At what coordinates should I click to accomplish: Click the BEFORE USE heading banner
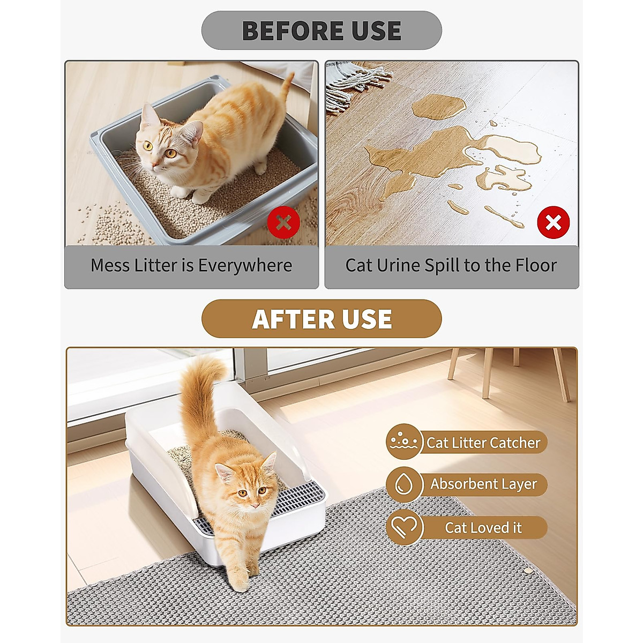(322, 31)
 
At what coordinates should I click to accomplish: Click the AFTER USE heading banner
(322, 319)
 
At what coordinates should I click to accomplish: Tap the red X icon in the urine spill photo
(553, 222)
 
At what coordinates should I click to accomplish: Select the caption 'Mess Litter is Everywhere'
(191, 266)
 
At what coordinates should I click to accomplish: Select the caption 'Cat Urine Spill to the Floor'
(451, 266)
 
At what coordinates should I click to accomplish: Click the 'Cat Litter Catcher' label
(483, 443)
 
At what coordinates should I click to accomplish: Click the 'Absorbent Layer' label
(483, 484)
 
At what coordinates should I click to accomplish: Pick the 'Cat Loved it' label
(483, 528)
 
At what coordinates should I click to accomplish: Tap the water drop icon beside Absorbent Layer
(403, 484)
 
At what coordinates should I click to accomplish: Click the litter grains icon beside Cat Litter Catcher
(403, 442)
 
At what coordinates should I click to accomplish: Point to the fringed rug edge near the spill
(356, 80)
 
